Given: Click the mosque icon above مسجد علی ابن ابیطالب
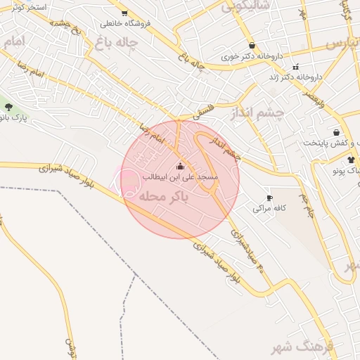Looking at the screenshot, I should (180, 167).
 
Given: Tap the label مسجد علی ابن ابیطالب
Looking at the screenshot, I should (180, 177).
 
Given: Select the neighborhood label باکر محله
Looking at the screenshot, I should (165, 198).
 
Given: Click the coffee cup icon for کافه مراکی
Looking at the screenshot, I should (269, 198).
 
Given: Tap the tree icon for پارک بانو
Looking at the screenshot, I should (8, 107).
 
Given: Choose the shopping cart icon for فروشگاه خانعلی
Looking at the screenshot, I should (124, 13).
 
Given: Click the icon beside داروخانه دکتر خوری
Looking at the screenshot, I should (251, 45).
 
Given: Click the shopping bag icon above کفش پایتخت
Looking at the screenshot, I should (336, 131).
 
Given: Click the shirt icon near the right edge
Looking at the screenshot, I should (351, 160).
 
